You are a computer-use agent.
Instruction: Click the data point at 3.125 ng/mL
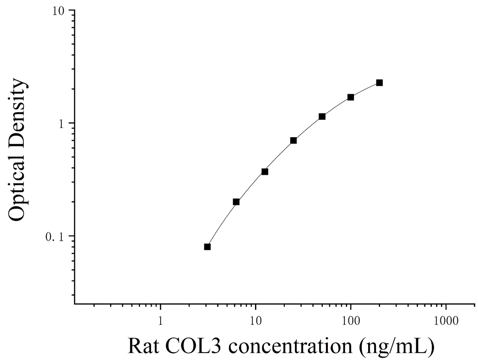click(207, 247)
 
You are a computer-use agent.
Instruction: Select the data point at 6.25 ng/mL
click(236, 202)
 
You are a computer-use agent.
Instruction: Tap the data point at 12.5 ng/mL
click(265, 172)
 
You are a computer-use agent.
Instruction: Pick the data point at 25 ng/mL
click(293, 140)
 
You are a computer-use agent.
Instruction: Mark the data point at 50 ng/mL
click(322, 117)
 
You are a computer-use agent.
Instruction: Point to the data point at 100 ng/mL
click(351, 97)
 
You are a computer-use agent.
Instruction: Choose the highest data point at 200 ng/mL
click(380, 83)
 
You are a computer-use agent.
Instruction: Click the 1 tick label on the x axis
click(160, 321)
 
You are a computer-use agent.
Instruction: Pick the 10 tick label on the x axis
click(255, 321)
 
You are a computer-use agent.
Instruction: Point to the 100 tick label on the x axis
click(351, 321)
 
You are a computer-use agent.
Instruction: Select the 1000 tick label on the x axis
click(446, 321)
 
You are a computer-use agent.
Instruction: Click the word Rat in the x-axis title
click(143, 347)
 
